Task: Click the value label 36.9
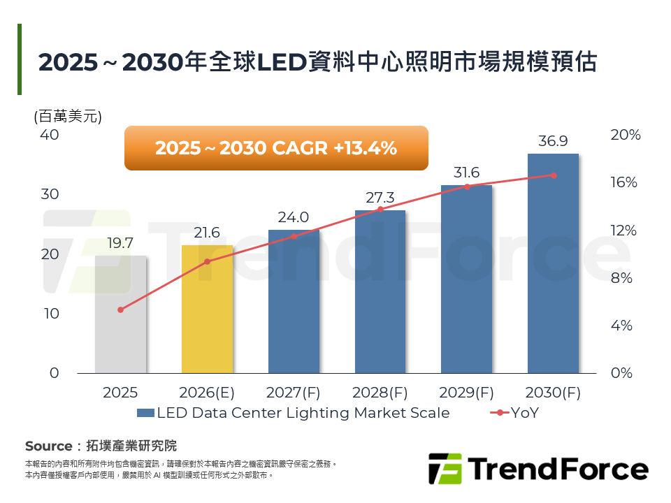553,141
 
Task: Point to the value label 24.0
293,217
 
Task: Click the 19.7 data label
120,243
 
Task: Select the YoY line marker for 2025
120,309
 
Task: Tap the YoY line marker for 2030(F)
554,175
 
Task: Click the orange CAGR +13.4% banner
275,148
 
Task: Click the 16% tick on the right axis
624,182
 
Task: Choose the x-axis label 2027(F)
293,393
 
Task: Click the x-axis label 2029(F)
466,393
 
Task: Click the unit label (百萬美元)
68,117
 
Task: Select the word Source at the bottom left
48,446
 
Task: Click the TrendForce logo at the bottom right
537,469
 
